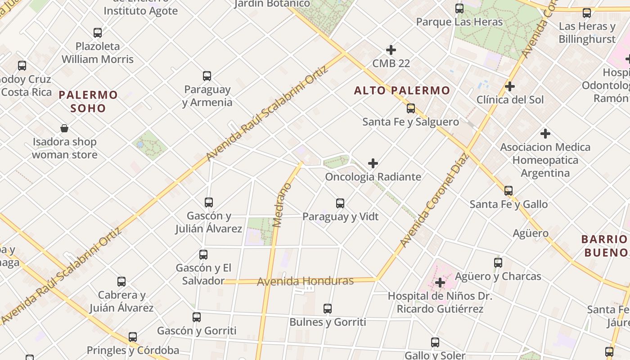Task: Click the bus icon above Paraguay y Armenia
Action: [x=207, y=76]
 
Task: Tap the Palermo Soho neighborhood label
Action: [x=88, y=101]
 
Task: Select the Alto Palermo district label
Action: [x=402, y=90]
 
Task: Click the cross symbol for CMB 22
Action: [x=391, y=50]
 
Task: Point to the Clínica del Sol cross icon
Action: [x=510, y=86]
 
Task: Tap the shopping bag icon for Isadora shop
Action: [x=64, y=128]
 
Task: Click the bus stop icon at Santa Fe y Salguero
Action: [x=410, y=108]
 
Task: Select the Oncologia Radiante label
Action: [x=373, y=177]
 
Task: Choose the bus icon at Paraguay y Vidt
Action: [x=340, y=203]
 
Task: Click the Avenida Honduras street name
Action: [x=305, y=281]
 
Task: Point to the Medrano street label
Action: [x=283, y=205]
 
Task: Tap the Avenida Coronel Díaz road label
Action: [x=434, y=201]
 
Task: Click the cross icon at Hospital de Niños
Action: [x=440, y=283]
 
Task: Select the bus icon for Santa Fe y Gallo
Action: [x=508, y=190]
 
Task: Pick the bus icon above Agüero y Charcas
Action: [x=498, y=262]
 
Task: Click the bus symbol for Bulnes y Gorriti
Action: [x=328, y=308]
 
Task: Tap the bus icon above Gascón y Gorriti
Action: [x=197, y=317]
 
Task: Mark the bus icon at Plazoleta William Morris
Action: [x=98, y=32]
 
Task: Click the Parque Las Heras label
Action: [x=459, y=22]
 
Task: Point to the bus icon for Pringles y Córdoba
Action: [x=133, y=337]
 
